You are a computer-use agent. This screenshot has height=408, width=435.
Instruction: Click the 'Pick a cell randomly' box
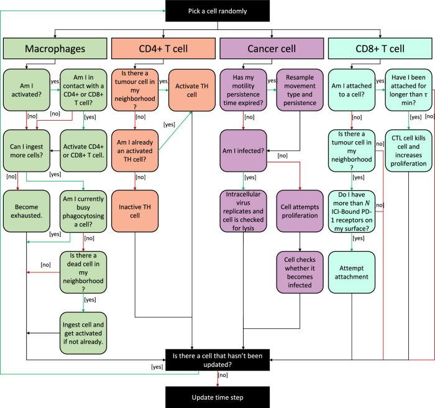point(217,11)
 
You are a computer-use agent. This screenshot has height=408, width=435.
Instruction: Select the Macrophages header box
point(53,49)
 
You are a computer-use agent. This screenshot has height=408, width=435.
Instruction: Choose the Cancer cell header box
point(272,49)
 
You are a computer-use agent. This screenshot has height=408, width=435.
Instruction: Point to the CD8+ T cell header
point(380,49)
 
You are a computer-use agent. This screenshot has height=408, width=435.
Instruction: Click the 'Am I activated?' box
point(27,86)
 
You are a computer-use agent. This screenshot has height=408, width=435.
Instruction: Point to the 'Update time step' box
point(217,396)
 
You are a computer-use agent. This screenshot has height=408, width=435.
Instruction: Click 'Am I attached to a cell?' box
point(354,86)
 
